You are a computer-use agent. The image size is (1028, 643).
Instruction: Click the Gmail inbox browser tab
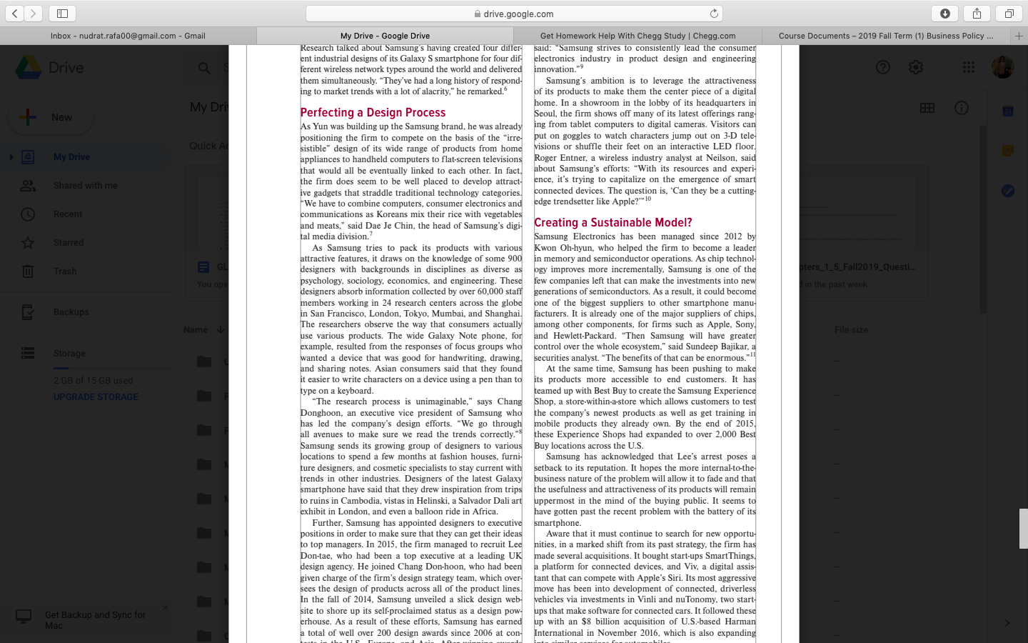(128, 36)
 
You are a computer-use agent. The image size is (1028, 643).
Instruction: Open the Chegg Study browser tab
(638, 36)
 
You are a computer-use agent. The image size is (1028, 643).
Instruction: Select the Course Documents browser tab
(885, 36)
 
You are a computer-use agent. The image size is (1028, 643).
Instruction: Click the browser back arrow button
(15, 14)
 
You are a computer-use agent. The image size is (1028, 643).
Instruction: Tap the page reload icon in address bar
(714, 14)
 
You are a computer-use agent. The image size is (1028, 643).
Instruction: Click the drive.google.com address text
(518, 14)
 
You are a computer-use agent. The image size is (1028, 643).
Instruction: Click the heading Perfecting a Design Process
(373, 113)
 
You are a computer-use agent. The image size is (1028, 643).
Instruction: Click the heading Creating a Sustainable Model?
(613, 223)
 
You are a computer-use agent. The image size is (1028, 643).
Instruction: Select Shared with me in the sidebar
(85, 186)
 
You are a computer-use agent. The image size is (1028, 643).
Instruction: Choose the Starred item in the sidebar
(69, 243)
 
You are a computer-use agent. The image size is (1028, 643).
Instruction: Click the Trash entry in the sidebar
(65, 271)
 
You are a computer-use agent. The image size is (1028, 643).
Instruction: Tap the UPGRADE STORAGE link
(96, 397)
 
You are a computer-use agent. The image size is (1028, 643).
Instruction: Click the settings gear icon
(916, 67)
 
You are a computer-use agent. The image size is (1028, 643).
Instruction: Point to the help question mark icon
(883, 67)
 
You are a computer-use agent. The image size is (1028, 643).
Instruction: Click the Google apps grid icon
(969, 67)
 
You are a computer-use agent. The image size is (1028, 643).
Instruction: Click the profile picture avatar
(1002, 67)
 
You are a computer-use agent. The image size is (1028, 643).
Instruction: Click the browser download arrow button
(944, 14)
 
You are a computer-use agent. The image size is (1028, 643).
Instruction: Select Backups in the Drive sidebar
(71, 312)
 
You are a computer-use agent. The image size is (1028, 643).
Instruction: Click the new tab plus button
(1019, 36)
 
